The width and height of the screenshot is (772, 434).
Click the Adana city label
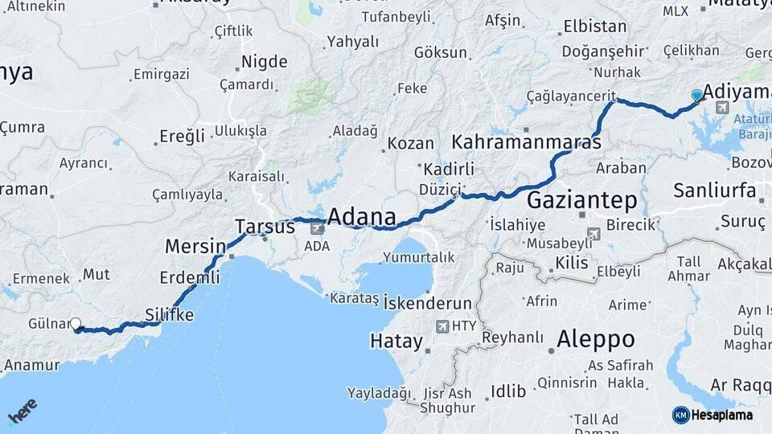[x=362, y=217]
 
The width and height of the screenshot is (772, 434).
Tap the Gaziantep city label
[x=582, y=201]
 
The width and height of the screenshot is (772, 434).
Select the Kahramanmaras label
[x=527, y=143]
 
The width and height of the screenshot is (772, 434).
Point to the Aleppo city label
[x=595, y=338]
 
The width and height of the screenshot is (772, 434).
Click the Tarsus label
[x=265, y=227]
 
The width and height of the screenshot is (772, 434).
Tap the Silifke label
[x=169, y=314]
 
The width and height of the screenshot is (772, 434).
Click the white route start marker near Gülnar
[x=76, y=324]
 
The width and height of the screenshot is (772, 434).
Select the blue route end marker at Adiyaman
[x=696, y=96]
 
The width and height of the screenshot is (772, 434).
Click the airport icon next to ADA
[x=317, y=228]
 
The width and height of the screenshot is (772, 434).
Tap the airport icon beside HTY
[x=441, y=326]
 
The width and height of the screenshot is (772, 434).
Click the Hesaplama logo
[x=712, y=415]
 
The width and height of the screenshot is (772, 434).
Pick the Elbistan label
[x=595, y=26]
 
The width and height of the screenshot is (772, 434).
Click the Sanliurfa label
[x=715, y=190]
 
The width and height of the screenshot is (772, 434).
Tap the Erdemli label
[x=190, y=277]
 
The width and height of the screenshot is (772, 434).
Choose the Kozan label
[x=410, y=144]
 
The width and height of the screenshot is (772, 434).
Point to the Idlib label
[x=508, y=391]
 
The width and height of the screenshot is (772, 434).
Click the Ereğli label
[x=183, y=136]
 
